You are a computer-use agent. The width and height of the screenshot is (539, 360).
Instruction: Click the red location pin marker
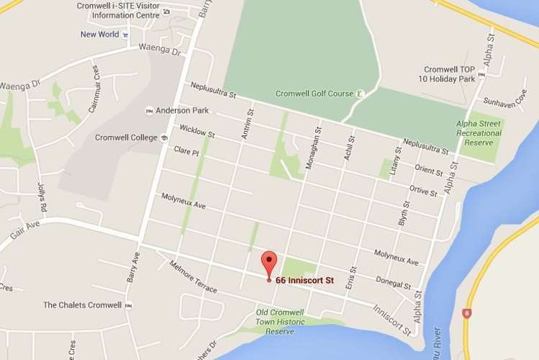tap(268, 262)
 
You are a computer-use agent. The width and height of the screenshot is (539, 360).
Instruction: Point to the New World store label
tap(99, 34)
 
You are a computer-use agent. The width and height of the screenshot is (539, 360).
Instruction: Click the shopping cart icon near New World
tap(125, 34)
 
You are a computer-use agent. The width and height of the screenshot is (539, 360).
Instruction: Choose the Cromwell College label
tap(126, 138)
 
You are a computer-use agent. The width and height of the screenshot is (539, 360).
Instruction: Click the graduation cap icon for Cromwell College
tap(163, 138)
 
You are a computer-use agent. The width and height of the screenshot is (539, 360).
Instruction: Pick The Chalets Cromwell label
tap(82, 305)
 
